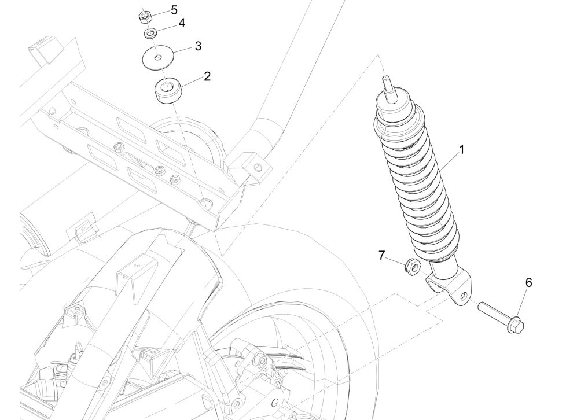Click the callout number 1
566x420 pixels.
pyautogui.click(x=461, y=149)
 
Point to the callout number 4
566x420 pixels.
pyautogui.click(x=181, y=24)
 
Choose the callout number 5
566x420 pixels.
pyautogui.click(x=174, y=10)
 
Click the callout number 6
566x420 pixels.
pyautogui.click(x=528, y=283)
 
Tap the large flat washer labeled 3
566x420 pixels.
pyautogui.click(x=159, y=58)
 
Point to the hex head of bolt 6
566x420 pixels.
pyautogui.click(x=517, y=327)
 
